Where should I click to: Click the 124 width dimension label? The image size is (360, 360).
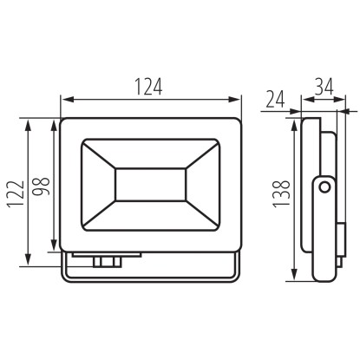pos(149,86)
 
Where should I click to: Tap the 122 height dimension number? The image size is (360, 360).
pos(16,194)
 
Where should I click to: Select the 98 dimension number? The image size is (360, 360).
pos(41,187)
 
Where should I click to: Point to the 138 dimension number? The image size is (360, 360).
pos(281,194)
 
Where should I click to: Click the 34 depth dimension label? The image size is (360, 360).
pos(324,86)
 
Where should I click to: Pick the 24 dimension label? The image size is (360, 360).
pos(275,99)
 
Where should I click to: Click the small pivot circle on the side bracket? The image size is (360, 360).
pos(324,187)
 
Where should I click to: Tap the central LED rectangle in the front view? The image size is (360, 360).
pos(150,184)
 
